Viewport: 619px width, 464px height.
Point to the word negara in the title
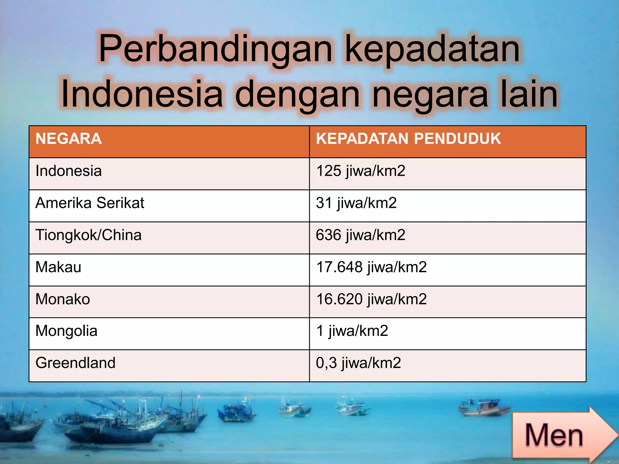pyautogui.click(x=430, y=94)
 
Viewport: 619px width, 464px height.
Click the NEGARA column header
pyautogui.click(x=69, y=139)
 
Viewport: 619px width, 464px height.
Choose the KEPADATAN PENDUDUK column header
pyautogui.click(x=408, y=139)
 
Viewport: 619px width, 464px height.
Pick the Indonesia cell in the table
pyautogui.click(x=69, y=171)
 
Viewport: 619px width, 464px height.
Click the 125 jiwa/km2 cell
pyautogui.click(x=360, y=171)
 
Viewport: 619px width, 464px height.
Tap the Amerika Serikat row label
pyautogui.click(x=90, y=203)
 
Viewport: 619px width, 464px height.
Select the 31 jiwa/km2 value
pyautogui.click(x=356, y=203)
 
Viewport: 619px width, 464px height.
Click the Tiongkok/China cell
pyautogui.click(x=88, y=235)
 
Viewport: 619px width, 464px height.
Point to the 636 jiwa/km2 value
pyautogui.click(x=360, y=235)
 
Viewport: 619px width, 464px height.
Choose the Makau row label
pyautogui.click(x=58, y=267)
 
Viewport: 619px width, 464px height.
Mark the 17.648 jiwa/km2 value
pyautogui.click(x=371, y=267)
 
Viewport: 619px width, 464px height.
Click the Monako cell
pyautogui.click(x=63, y=299)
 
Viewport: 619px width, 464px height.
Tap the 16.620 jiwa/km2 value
pyautogui.click(x=371, y=299)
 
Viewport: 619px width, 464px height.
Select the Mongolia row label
pyautogui.click(x=66, y=331)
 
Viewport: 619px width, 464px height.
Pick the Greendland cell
pyautogui.click(x=75, y=363)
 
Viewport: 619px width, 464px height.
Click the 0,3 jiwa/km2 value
pyautogui.click(x=358, y=363)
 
